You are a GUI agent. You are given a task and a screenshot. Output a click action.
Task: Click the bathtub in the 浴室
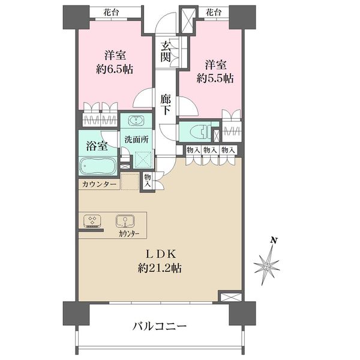tap(98, 166)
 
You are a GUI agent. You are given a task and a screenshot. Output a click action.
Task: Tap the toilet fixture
tap(200, 132)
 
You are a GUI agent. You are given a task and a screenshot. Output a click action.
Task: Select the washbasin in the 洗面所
tap(136, 121)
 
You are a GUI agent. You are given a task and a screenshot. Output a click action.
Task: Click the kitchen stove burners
tap(92, 221)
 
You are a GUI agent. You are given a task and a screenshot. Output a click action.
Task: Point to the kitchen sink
tap(125, 221)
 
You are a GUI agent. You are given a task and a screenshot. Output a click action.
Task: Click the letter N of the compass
tap(273, 241)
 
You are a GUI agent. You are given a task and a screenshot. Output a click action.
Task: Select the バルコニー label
tap(160, 326)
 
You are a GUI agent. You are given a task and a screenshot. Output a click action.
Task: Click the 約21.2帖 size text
tap(160, 268)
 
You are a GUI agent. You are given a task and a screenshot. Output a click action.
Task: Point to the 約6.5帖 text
tap(115, 69)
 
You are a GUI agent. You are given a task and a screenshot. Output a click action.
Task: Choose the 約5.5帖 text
tap(215, 79)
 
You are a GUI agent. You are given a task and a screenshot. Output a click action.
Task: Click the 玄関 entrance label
tap(166, 52)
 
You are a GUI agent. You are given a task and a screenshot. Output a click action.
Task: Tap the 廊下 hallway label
tap(166, 105)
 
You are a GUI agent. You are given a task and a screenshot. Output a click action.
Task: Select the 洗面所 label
tap(137, 140)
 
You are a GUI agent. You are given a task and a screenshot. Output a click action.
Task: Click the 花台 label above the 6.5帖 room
tap(111, 13)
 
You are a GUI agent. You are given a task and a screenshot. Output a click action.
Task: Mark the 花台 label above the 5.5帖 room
tap(214, 13)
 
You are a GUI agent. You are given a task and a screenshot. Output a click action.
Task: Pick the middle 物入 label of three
tap(211, 151)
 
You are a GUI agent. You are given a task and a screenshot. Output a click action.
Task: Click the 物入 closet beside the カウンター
tap(148, 180)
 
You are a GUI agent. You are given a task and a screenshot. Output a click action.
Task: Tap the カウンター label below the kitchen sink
tap(129, 234)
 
